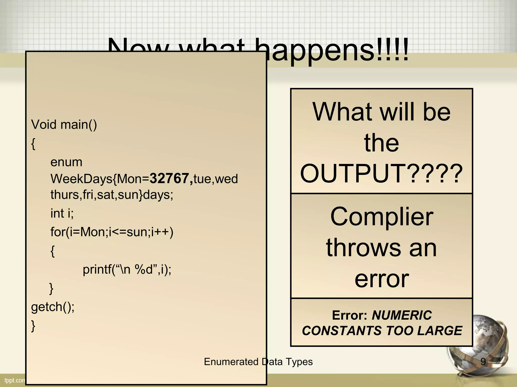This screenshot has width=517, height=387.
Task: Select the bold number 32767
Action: pyautogui.click(x=169, y=178)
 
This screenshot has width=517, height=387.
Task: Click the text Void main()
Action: pyautogui.click(x=64, y=124)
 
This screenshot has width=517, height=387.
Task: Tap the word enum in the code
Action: pyautogui.click(x=66, y=162)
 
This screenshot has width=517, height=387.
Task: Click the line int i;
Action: pyautogui.click(x=62, y=213)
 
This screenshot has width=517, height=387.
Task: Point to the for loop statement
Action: pyautogui.click(x=112, y=232)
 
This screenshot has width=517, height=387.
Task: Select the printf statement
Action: pyautogui.click(x=127, y=270)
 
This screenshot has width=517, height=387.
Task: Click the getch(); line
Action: pyautogui.click(x=53, y=307)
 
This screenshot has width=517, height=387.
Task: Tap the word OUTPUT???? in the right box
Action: pyautogui.click(x=381, y=174)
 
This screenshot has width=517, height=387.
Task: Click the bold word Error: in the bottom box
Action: pyautogui.click(x=349, y=315)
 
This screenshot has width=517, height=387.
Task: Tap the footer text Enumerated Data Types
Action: pyautogui.click(x=258, y=362)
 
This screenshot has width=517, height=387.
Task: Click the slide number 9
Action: pyautogui.click(x=483, y=362)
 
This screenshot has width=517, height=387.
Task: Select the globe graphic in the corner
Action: pyautogui.click(x=481, y=348)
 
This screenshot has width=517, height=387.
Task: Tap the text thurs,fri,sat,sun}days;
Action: pyautogui.click(x=112, y=195)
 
